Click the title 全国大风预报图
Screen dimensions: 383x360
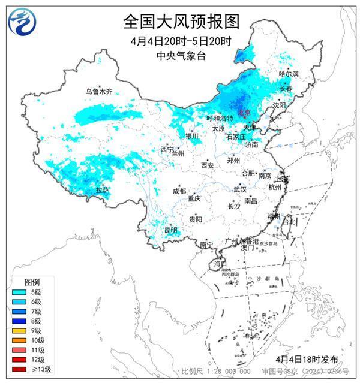[181, 22]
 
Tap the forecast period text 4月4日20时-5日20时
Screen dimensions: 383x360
[181, 41]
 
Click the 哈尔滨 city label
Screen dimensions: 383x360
[289, 73]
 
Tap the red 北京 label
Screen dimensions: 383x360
[243, 112]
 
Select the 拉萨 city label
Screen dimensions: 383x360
[103, 190]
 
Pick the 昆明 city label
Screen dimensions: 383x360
[171, 230]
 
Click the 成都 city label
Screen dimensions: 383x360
[179, 191]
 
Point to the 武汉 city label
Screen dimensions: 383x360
[240, 189]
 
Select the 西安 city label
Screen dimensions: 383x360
[207, 165]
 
